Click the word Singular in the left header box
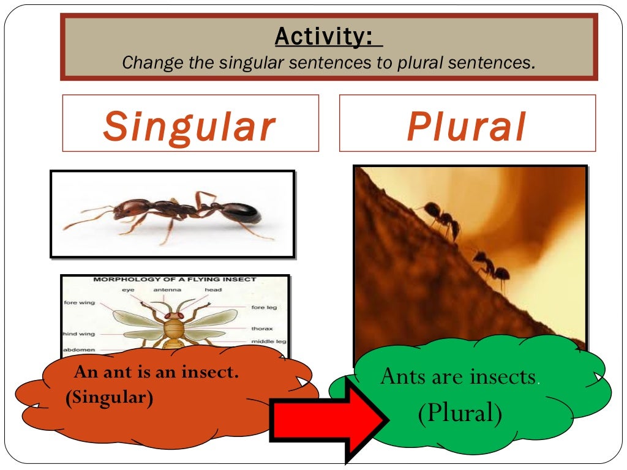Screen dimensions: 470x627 (x=189, y=127)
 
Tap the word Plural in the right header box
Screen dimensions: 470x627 (x=467, y=127)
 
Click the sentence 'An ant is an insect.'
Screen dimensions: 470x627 (x=156, y=372)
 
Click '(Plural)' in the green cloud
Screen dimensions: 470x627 (x=460, y=413)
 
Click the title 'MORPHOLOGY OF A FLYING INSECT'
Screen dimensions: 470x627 (x=175, y=280)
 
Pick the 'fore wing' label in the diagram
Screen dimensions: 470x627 (x=79, y=302)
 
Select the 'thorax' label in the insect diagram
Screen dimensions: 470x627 (x=261, y=329)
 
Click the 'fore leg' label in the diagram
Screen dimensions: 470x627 (x=264, y=307)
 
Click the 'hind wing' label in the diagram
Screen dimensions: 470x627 (x=78, y=334)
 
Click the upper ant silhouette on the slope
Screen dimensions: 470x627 (x=442, y=218)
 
